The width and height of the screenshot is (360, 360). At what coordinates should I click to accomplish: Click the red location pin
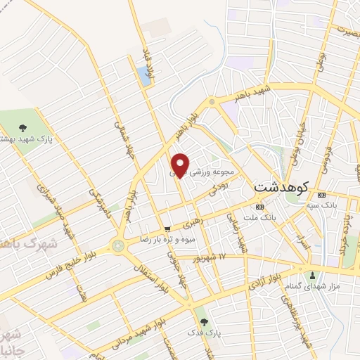(x=180, y=165)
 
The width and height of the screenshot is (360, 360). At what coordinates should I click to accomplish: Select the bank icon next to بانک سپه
(x=322, y=195)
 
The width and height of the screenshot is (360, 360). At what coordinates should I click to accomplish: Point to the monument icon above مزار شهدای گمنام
(x=312, y=274)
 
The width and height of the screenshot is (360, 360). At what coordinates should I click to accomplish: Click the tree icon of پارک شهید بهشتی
(x=22, y=129)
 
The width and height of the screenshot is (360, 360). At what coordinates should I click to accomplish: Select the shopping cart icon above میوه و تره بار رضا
(x=167, y=229)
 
